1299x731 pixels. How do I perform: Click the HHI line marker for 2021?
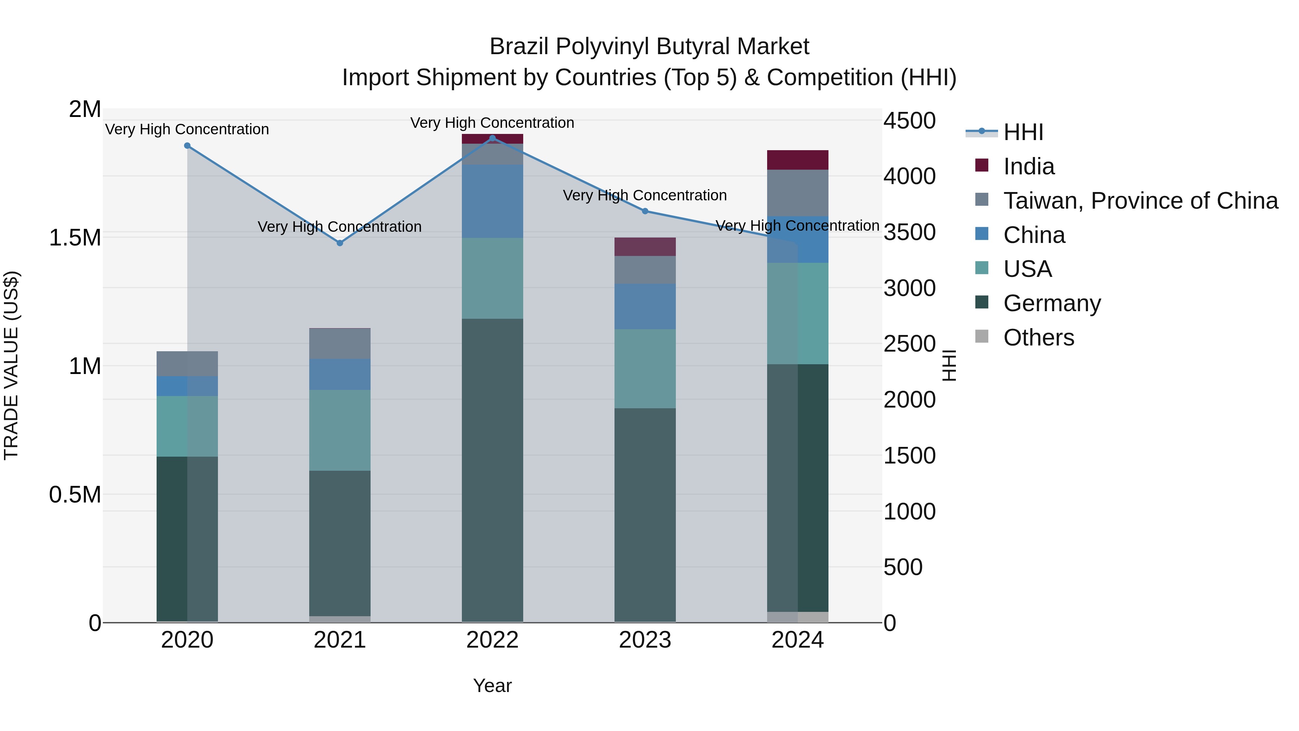click(340, 243)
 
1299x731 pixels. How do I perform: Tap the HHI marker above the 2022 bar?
click(493, 138)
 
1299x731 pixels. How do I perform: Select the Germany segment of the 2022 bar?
click(492, 469)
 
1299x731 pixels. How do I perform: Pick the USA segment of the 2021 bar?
click(340, 430)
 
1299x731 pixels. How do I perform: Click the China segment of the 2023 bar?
click(644, 306)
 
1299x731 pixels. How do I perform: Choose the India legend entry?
click(1028, 166)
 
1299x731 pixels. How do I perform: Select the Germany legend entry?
click(1051, 303)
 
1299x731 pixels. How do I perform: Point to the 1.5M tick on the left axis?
click(75, 238)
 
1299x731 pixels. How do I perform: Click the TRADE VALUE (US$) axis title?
click(12, 365)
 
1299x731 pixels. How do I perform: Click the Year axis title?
click(492, 686)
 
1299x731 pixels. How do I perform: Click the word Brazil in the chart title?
click(519, 47)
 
